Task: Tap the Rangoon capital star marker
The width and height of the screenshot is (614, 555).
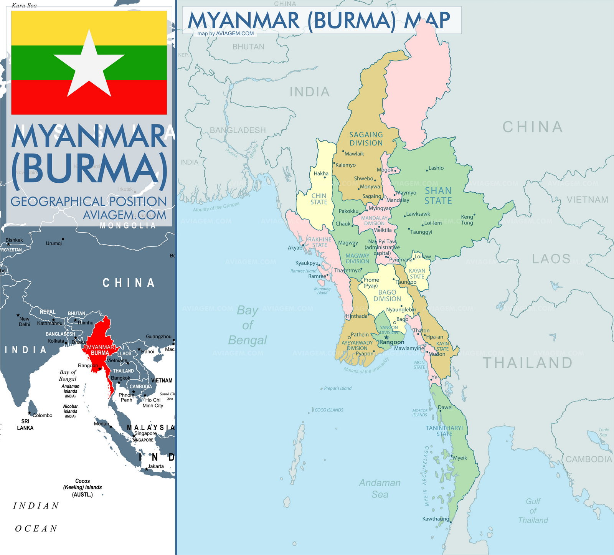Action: tap(386, 337)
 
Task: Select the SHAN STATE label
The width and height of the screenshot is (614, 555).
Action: tap(438, 196)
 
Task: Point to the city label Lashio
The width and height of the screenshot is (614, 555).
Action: tap(436, 168)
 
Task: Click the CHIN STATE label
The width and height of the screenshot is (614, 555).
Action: tap(319, 199)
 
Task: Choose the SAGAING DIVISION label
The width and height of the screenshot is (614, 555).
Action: tap(366, 139)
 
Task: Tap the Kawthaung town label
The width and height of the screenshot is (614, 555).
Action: tap(436, 519)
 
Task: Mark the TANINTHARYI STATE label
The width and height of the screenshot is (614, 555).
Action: tap(444, 431)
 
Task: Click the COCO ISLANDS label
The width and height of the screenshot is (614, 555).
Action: tap(329, 410)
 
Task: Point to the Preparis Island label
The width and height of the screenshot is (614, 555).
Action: tap(338, 388)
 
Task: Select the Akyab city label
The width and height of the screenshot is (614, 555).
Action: tap(295, 248)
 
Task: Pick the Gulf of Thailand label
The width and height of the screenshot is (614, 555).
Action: tap(533, 510)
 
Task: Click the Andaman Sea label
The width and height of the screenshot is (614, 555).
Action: tap(380, 488)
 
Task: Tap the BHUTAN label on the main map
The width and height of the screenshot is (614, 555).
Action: tap(248, 47)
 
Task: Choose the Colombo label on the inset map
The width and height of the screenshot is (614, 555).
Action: tap(42, 415)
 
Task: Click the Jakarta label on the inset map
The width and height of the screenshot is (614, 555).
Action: tap(156, 466)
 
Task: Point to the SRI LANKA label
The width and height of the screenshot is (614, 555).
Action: tap(25, 425)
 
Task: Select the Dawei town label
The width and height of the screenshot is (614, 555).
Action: tap(445, 407)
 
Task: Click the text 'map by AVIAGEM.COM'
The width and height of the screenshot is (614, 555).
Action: tap(226, 33)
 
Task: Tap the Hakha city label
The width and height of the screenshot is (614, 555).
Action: tap(321, 173)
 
